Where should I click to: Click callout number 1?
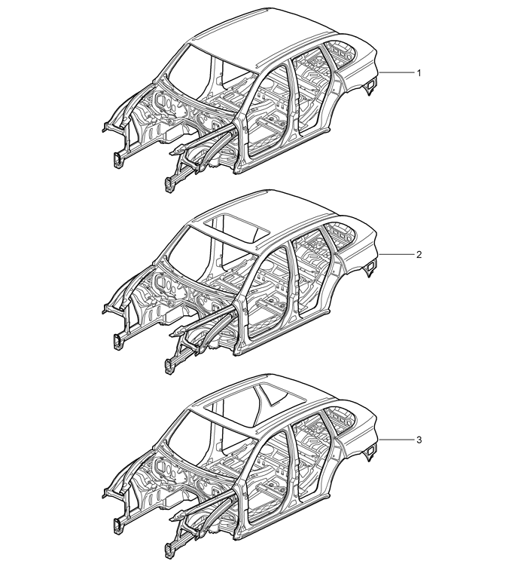pyautogui.click(x=419, y=73)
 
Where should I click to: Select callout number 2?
pyautogui.click(x=419, y=255)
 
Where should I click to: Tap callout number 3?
pyautogui.click(x=419, y=440)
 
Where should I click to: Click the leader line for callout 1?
pyautogui.click(x=396, y=73)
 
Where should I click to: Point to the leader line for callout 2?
pyautogui.click(x=396, y=255)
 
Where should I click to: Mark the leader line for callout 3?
pyautogui.click(x=396, y=440)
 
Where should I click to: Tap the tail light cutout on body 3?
pyautogui.click(x=370, y=452)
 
